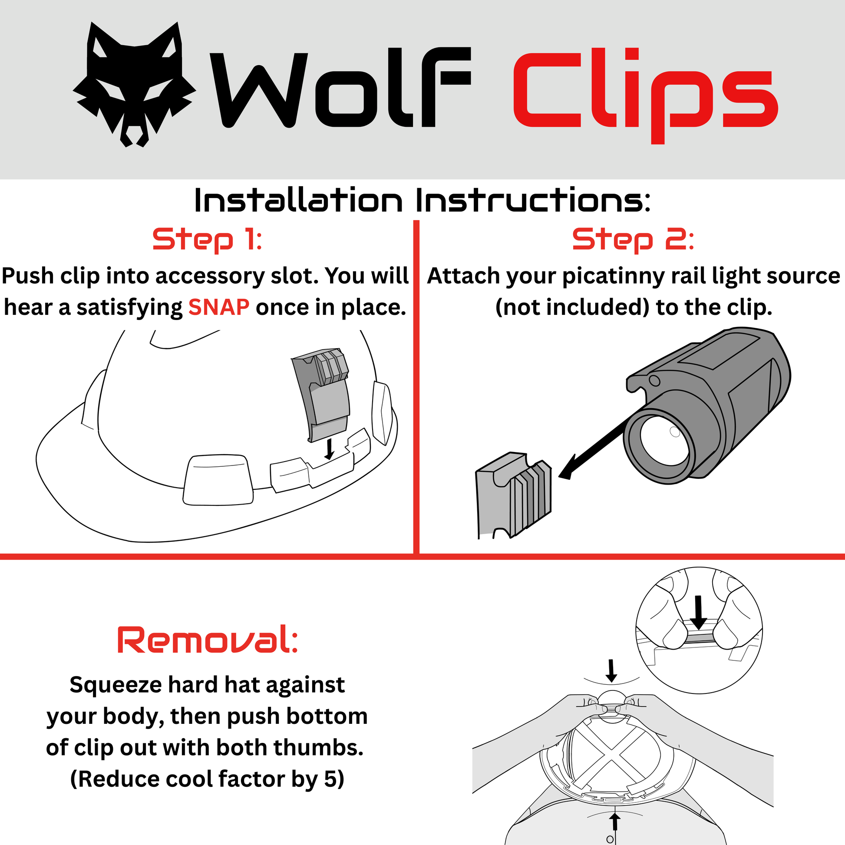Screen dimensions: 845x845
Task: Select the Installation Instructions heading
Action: click(422, 201)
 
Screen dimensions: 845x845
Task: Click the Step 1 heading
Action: click(207, 240)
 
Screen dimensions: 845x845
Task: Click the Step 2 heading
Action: click(633, 240)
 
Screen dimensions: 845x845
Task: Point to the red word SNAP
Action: click(219, 307)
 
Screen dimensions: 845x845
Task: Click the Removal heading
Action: click(208, 640)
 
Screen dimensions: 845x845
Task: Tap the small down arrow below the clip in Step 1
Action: click(329, 449)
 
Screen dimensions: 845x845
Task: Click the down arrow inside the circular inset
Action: click(698, 612)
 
